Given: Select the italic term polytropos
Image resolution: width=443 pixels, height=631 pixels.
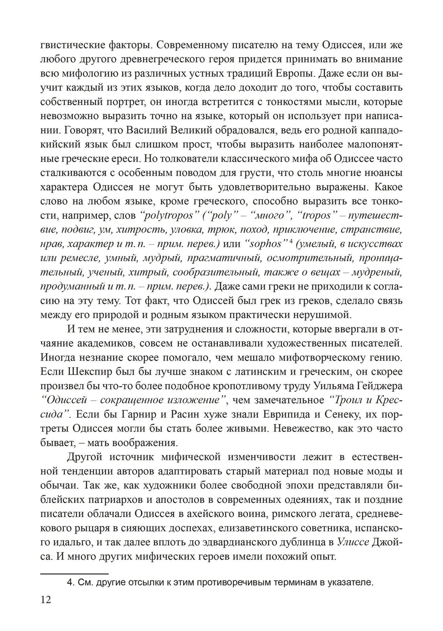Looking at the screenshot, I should pyautogui.click(x=167, y=215).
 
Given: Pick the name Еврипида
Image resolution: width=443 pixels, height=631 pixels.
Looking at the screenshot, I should pyautogui.click(x=270, y=415).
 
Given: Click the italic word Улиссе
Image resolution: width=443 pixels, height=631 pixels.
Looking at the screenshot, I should pyautogui.click(x=353, y=542).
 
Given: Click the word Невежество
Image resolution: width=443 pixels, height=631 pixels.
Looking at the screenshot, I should pyautogui.click(x=275, y=429).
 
